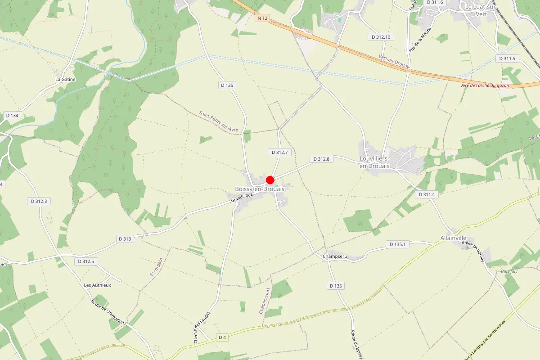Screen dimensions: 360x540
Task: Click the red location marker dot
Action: tap(270, 180)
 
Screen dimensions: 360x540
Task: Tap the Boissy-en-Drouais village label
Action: tap(260, 189)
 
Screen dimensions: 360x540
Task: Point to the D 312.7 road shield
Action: tap(279, 153)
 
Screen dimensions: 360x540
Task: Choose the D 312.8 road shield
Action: tap(321, 159)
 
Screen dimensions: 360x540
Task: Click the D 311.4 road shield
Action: tap(427, 194)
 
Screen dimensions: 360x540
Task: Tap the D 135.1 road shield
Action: tap(397, 244)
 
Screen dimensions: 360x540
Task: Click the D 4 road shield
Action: tap(222, 337)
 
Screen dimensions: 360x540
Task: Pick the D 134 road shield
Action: tap(13, 116)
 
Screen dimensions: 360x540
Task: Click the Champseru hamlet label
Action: tap(335, 256)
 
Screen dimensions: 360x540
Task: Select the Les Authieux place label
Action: tap(97, 285)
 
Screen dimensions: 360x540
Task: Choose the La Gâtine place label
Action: tap(65, 79)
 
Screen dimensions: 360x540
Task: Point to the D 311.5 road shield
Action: tap(507, 58)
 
